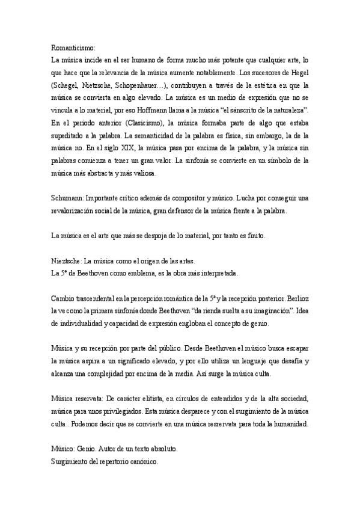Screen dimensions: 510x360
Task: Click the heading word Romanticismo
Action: point(73,46)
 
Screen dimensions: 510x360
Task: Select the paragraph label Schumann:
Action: point(67,198)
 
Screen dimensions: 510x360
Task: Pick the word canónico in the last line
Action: point(141,463)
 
